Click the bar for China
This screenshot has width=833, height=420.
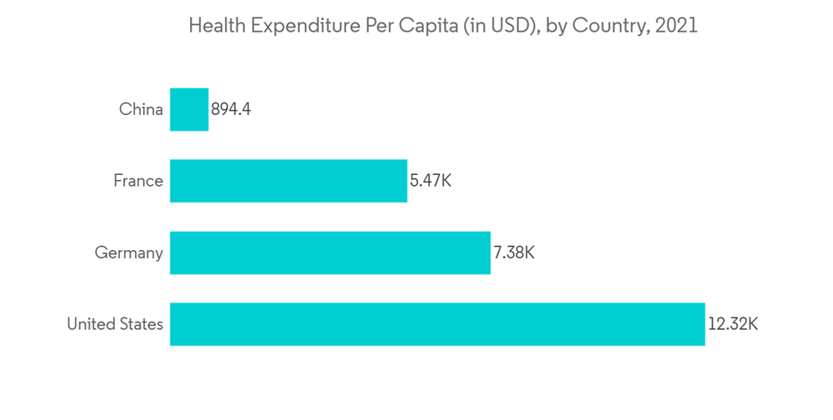189,109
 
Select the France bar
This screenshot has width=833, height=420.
288,181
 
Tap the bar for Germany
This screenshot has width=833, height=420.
330,252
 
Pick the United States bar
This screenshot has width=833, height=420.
437,324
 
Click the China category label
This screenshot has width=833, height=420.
141,109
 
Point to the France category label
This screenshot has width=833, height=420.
138,181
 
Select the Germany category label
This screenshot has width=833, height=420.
128,252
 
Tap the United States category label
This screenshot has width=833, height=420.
115,324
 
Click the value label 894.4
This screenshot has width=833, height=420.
231,109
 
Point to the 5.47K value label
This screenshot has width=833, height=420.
430,181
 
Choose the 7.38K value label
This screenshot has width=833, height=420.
513,252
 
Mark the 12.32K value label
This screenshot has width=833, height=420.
733,324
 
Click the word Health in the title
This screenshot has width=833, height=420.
214,26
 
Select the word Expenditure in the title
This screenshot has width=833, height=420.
302,26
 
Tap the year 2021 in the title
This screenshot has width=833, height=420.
676,26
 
